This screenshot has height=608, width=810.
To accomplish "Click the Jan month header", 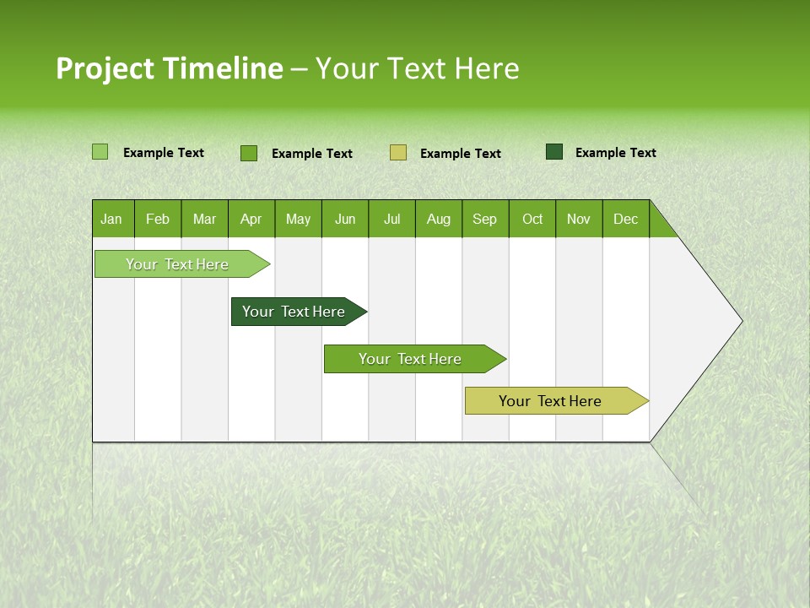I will point(111,219).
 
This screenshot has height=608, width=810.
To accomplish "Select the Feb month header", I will point(158,219).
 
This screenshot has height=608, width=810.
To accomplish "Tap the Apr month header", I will point(251,219).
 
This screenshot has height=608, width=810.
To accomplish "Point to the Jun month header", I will point(345,219).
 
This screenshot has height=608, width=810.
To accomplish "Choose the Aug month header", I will point(439,219).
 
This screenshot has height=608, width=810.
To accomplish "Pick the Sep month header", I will point(485,219).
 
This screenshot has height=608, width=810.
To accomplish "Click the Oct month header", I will point(532,219).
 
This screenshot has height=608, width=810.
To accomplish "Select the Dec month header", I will point(626,219).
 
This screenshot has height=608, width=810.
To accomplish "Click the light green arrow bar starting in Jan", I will point(178,264).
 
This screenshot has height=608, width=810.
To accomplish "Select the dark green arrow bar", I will point(294,312).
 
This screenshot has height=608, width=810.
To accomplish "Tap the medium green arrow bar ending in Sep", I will point(411,359).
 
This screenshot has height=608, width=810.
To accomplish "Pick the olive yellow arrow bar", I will point(551,401).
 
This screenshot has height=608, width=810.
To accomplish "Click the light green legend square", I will point(100,152).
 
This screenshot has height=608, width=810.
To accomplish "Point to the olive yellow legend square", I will point(398,152).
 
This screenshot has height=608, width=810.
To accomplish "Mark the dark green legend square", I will point(554,152).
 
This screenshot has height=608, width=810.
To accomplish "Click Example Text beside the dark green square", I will point(616,153).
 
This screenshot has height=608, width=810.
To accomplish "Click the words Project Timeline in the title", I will point(170,68).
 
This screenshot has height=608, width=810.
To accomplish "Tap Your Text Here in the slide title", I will point(417,68).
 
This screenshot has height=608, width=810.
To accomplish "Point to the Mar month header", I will point(205,219).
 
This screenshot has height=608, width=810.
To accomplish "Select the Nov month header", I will point(579,219).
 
